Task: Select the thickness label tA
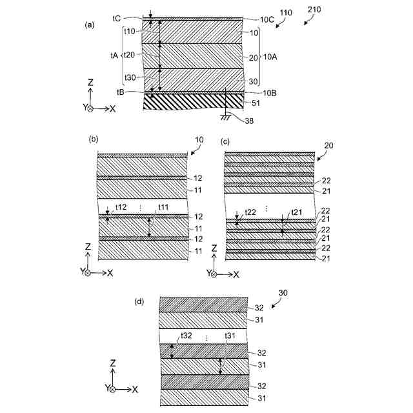(x=114, y=56)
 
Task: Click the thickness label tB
(x=121, y=92)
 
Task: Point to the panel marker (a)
(x=90, y=25)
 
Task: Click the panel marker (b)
(x=93, y=139)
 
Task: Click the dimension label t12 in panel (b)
(x=121, y=208)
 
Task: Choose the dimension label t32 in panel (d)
(x=186, y=336)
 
